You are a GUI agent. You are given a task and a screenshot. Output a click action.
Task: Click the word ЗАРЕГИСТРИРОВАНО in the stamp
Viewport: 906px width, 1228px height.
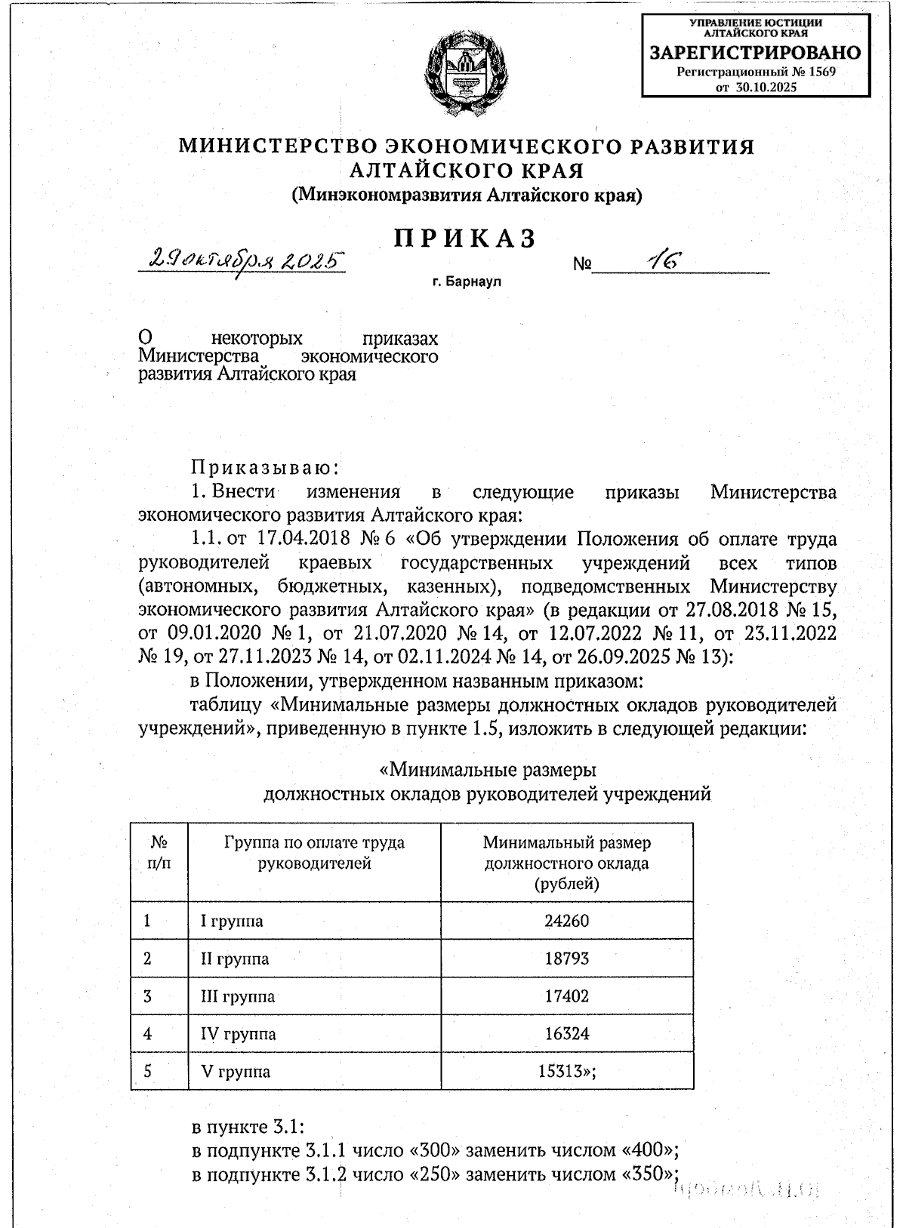756,53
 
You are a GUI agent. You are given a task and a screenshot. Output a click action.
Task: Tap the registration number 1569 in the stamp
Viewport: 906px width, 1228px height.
821,72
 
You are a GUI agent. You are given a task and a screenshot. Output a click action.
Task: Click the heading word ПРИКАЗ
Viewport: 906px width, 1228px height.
465,239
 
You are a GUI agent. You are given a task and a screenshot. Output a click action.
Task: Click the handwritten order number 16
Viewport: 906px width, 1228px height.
664,261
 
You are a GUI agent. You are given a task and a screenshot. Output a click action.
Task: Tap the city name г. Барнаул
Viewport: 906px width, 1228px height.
467,282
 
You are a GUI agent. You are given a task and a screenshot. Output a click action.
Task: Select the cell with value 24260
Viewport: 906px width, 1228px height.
566,921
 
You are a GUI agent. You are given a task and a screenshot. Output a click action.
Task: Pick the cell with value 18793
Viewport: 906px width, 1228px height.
566,959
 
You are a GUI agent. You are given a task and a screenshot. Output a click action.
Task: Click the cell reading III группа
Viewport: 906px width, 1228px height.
238,996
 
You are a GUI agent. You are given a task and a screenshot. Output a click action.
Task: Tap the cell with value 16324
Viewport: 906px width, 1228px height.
566,1034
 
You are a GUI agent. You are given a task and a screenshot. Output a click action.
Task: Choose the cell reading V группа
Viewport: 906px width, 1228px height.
235,1072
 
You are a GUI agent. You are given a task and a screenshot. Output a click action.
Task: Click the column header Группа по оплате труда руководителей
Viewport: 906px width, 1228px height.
314,853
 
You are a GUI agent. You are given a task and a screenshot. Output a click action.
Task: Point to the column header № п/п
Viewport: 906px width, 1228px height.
159,853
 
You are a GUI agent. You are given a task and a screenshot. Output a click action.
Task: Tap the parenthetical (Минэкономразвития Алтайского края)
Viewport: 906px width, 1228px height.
467,195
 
